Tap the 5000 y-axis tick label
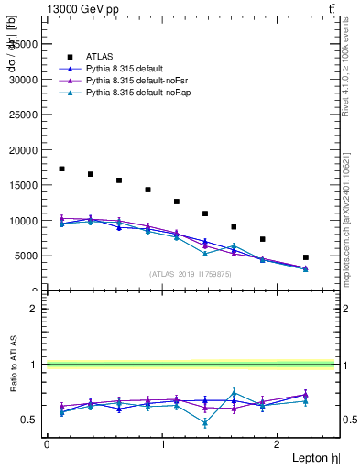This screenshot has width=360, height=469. pyautogui.click(x=27, y=256)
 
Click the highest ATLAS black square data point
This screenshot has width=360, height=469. pyautogui.click(x=61, y=169)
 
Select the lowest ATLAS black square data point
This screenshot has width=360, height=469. pyautogui.click(x=306, y=257)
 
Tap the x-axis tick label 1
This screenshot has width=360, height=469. pyautogui.click(x=163, y=444)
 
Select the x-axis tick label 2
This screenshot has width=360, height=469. pyautogui.click(x=278, y=444)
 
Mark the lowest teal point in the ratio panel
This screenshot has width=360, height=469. pyautogui.click(x=205, y=423)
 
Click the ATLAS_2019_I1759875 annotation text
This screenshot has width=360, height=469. pyautogui.click(x=191, y=273)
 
